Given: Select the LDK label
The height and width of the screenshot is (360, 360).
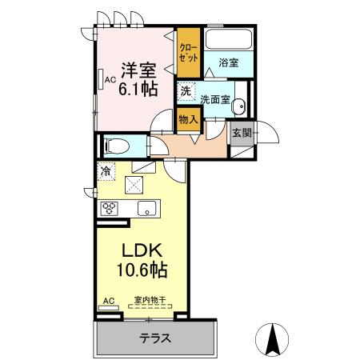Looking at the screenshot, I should pos(136,250).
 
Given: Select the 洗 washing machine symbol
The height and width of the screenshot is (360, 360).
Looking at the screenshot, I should pos(186,92).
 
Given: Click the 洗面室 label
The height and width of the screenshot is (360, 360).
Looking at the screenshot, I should pos(214,99).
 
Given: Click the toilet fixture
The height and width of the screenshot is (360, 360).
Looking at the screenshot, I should pos(116,146).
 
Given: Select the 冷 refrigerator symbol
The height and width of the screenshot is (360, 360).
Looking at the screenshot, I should pos(106,170).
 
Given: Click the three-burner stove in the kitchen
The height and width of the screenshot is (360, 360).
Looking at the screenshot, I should pos(109,208).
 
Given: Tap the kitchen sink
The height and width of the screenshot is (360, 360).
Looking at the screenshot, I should pos(147,208).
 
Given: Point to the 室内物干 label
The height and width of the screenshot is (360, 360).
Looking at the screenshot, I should pos(149,301).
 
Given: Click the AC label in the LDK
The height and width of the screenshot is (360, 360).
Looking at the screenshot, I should pos(109,301).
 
